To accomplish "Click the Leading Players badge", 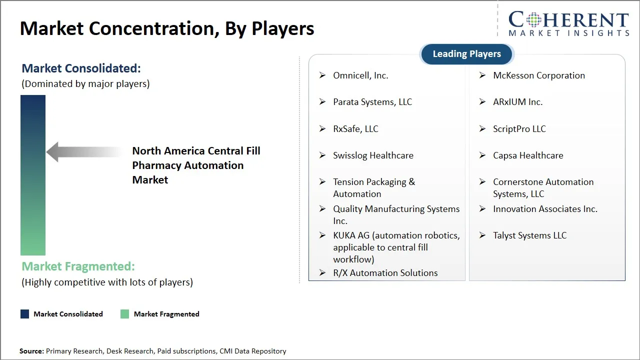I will [x=466, y=54].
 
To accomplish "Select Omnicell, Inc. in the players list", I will [x=360, y=75].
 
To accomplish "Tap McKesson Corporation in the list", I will [x=538, y=75].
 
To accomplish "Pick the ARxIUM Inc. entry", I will [x=517, y=102].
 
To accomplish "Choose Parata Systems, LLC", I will [x=372, y=102].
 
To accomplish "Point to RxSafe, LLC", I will [x=355, y=129].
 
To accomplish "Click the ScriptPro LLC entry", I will [x=519, y=129].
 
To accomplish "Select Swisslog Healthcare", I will [x=373, y=155].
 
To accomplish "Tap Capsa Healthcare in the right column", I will [x=528, y=155].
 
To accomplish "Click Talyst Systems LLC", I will [x=529, y=235].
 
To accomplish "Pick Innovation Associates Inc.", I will [x=545, y=209].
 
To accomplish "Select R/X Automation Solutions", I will [x=385, y=273].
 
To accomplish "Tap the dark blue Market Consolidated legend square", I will [x=24, y=314].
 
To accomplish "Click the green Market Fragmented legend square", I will [x=125, y=314].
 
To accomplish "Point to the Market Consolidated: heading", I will [x=81, y=68].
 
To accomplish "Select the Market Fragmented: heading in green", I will [x=78, y=266].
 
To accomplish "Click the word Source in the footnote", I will [x=31, y=351].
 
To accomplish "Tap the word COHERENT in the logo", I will [x=568, y=20].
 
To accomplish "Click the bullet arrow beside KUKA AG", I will [x=322, y=235].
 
